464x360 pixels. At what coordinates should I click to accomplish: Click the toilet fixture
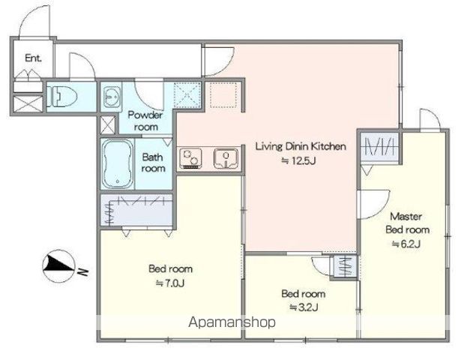62,97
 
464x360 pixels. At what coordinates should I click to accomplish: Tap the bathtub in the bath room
118,163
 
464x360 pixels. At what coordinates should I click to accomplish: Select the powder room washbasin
112,97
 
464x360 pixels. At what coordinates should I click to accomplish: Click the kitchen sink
226,158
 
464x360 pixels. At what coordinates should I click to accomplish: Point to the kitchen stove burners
190,158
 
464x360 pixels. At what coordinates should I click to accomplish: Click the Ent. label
33,58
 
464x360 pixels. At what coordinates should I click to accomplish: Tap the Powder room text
145,121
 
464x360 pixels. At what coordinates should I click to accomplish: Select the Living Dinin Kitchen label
301,146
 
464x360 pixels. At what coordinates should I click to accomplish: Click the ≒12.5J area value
298,160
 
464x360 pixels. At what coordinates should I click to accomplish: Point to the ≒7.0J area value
170,283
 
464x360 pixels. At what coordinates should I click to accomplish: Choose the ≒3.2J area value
304,307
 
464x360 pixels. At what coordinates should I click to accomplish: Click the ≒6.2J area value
406,244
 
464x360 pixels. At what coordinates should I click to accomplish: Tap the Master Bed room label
407,223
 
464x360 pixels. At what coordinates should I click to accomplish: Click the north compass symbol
58,265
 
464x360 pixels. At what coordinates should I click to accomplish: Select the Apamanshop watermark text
232,322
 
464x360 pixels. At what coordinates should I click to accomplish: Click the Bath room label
153,163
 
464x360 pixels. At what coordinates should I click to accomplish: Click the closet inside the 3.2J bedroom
345,266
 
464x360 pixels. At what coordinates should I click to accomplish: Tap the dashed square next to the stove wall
223,95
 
